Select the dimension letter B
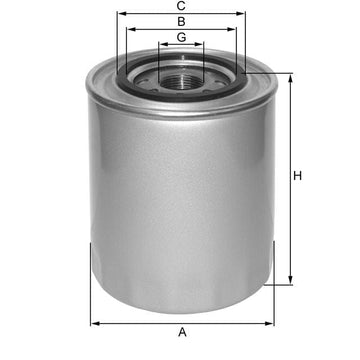181,21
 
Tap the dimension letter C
181,5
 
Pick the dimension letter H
298,177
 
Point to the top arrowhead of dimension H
291,75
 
